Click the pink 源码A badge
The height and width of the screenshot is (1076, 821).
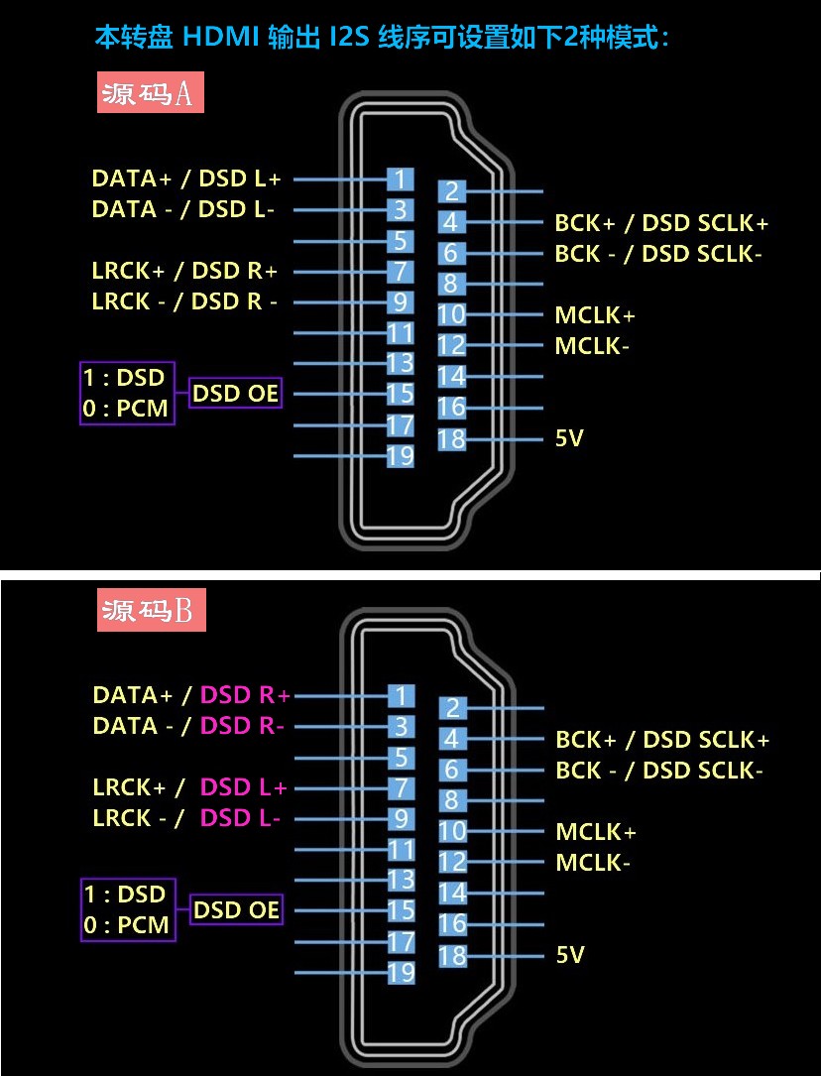(x=150, y=92)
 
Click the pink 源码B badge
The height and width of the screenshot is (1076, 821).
(x=151, y=609)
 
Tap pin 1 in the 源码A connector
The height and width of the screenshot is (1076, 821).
(x=401, y=179)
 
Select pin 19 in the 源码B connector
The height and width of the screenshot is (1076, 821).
(x=402, y=972)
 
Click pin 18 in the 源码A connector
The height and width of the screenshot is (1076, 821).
(x=451, y=438)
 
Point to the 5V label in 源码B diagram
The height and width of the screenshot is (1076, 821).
(x=570, y=955)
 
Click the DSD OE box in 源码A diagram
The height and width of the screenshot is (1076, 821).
(x=235, y=393)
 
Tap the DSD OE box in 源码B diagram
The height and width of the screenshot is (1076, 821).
(x=236, y=909)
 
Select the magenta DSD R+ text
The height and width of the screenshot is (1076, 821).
(x=245, y=695)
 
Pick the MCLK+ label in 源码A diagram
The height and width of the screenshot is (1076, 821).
(x=595, y=315)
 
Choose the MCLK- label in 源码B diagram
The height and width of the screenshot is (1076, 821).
(x=593, y=862)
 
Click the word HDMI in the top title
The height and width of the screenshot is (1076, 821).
(x=221, y=37)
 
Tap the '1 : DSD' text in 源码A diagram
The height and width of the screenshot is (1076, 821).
(x=124, y=378)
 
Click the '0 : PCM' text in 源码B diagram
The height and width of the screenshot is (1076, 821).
(x=126, y=924)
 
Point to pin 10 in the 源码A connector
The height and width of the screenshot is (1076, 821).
(x=451, y=314)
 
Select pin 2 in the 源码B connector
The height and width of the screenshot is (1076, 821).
(x=452, y=707)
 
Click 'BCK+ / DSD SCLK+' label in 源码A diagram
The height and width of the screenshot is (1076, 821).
(x=661, y=223)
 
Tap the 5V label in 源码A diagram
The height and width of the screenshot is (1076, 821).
(x=569, y=437)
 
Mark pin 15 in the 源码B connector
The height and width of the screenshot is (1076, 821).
(x=402, y=910)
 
